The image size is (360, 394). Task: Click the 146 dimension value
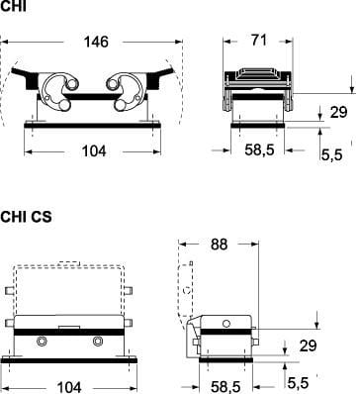click(96, 42)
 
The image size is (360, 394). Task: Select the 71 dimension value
click(259, 41)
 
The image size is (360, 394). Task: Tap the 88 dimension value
click(219, 245)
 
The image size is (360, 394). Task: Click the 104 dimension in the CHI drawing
click(94, 151)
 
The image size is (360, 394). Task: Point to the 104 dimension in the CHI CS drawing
click(69, 387)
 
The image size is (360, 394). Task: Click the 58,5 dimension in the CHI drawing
click(259, 150)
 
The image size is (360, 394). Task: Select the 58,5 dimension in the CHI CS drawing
click(225, 387)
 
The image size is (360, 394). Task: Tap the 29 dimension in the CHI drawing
click(339, 112)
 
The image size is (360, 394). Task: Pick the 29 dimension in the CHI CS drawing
click(308, 345)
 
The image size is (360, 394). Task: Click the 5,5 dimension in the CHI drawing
click(331, 154)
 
